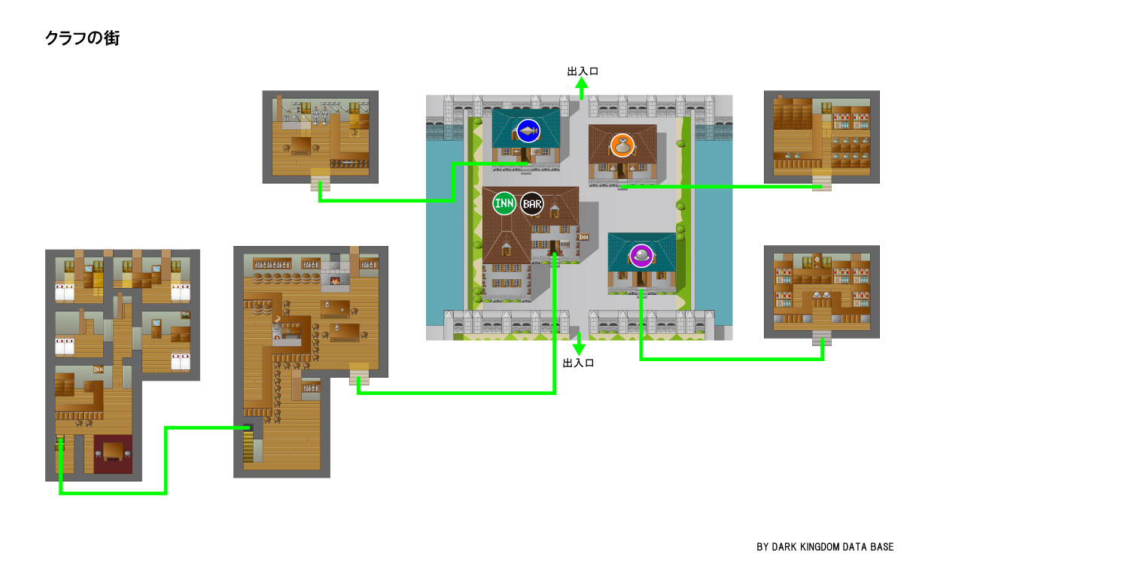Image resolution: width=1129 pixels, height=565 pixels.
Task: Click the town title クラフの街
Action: click(x=82, y=38)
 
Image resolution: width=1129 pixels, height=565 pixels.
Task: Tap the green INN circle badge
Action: click(x=504, y=204)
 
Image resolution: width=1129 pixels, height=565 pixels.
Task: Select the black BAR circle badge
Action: click(x=531, y=204)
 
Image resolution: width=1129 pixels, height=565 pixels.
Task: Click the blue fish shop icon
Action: click(x=528, y=131)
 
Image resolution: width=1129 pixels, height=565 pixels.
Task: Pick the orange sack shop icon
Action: click(x=622, y=146)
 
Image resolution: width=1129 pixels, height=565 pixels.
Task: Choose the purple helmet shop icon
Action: click(x=641, y=255)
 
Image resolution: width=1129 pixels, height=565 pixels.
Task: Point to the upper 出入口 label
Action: click(x=583, y=71)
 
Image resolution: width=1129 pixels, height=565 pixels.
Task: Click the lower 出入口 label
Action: click(x=578, y=363)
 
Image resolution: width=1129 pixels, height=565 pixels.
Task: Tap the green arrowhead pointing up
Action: click(x=582, y=84)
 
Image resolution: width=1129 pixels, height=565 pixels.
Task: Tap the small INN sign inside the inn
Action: click(x=99, y=369)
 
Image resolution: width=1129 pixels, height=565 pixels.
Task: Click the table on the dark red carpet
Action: click(x=113, y=450)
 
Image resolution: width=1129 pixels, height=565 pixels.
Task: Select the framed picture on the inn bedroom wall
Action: click(x=185, y=315)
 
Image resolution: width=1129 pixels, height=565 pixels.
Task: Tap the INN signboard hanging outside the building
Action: click(x=583, y=237)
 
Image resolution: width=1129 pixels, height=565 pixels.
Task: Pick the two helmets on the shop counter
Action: click(x=822, y=295)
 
